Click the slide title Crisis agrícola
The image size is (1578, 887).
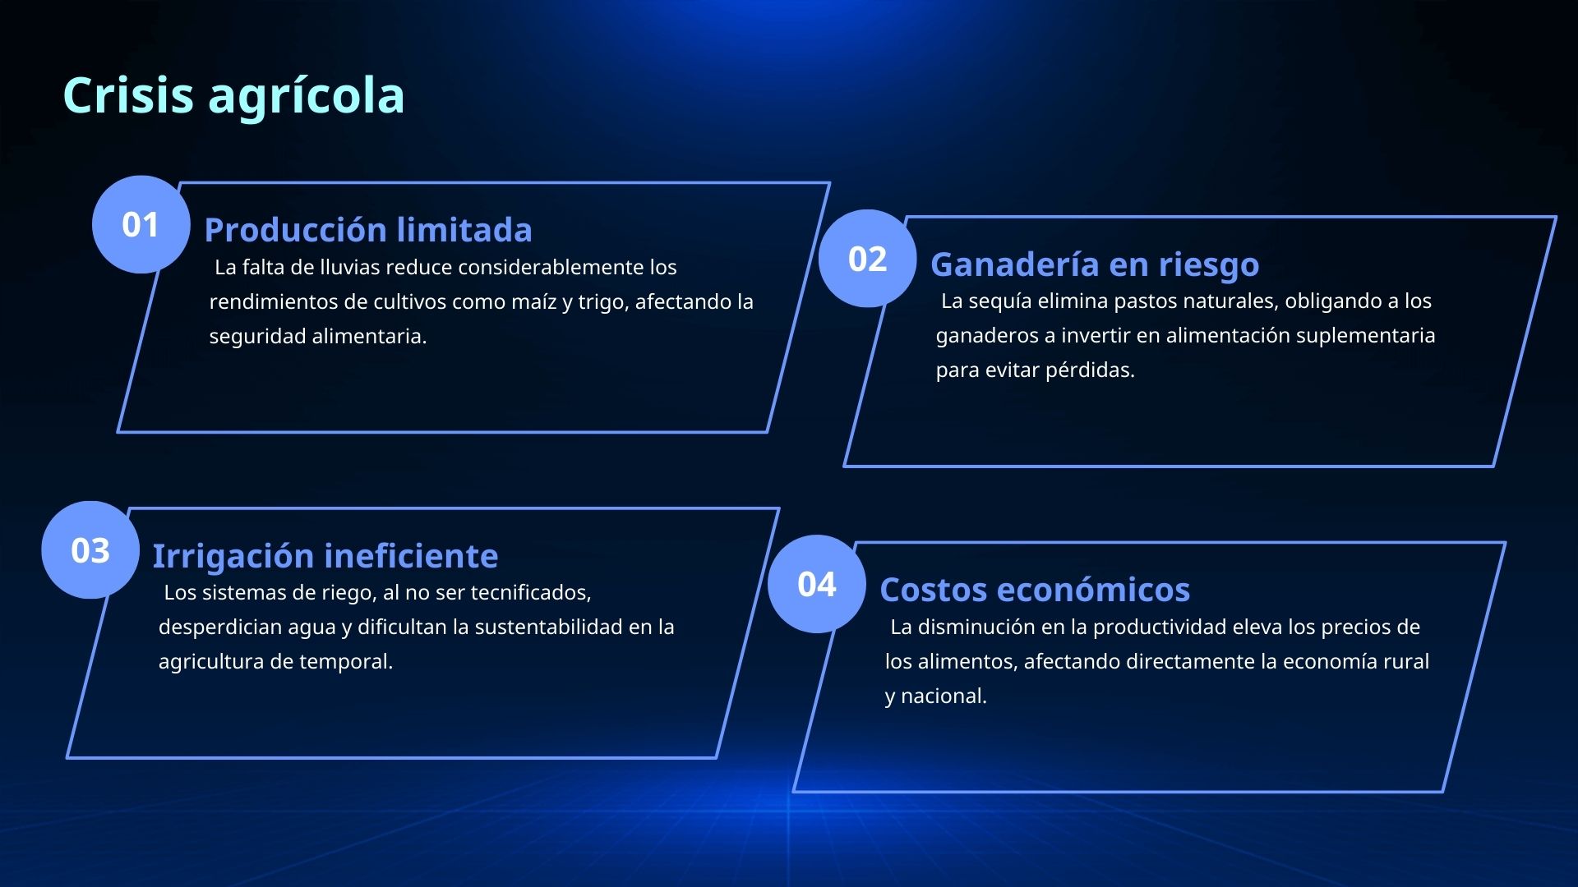(x=233, y=95)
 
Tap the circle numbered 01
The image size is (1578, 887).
(x=141, y=224)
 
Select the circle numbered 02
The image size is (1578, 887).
(x=867, y=259)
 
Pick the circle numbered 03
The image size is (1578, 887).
(x=90, y=550)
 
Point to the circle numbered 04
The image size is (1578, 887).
(x=816, y=584)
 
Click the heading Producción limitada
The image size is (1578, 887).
(x=367, y=230)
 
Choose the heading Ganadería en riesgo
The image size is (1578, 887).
(x=1094, y=264)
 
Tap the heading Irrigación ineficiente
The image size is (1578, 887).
(x=325, y=556)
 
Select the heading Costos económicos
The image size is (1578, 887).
(x=1034, y=590)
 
